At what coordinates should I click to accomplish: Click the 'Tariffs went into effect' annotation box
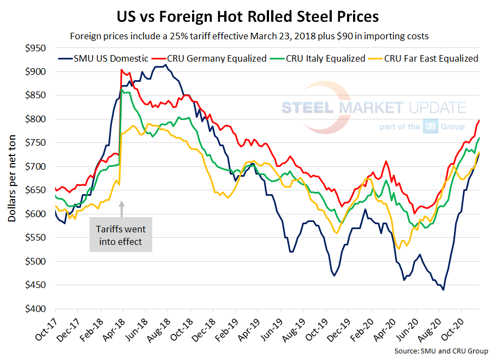120,235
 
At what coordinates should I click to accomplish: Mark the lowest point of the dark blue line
443,290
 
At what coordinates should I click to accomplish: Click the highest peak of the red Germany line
121,70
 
